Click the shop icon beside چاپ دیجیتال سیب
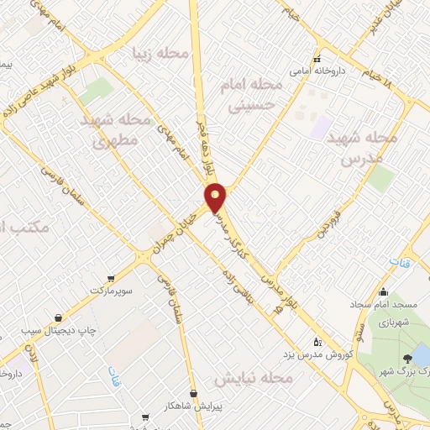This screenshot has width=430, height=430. pos(57,317)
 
